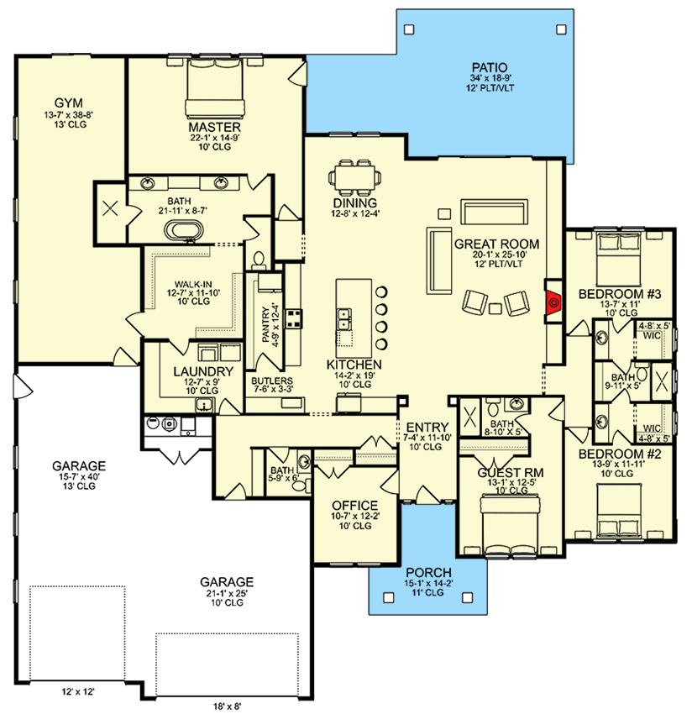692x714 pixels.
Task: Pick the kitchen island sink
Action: pos(344,319)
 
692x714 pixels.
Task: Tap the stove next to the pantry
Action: pos(295,318)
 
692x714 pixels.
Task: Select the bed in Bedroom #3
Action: pos(619,251)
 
